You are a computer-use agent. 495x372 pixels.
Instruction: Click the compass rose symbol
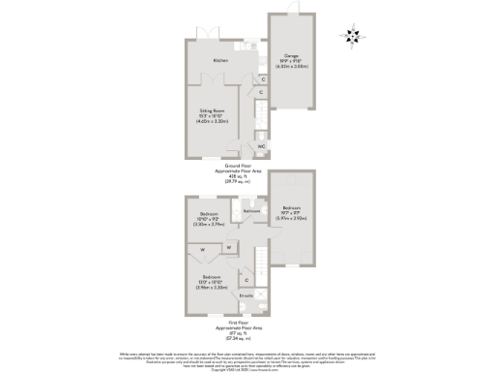[x=351, y=37]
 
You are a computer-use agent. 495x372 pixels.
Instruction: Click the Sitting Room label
[x=212, y=112]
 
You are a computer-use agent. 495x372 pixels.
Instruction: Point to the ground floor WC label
[x=261, y=146]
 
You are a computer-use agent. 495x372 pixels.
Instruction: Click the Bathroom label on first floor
[x=251, y=210]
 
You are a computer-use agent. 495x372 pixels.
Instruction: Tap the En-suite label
[x=246, y=295]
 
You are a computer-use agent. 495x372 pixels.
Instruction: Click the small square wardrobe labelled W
[x=228, y=247]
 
